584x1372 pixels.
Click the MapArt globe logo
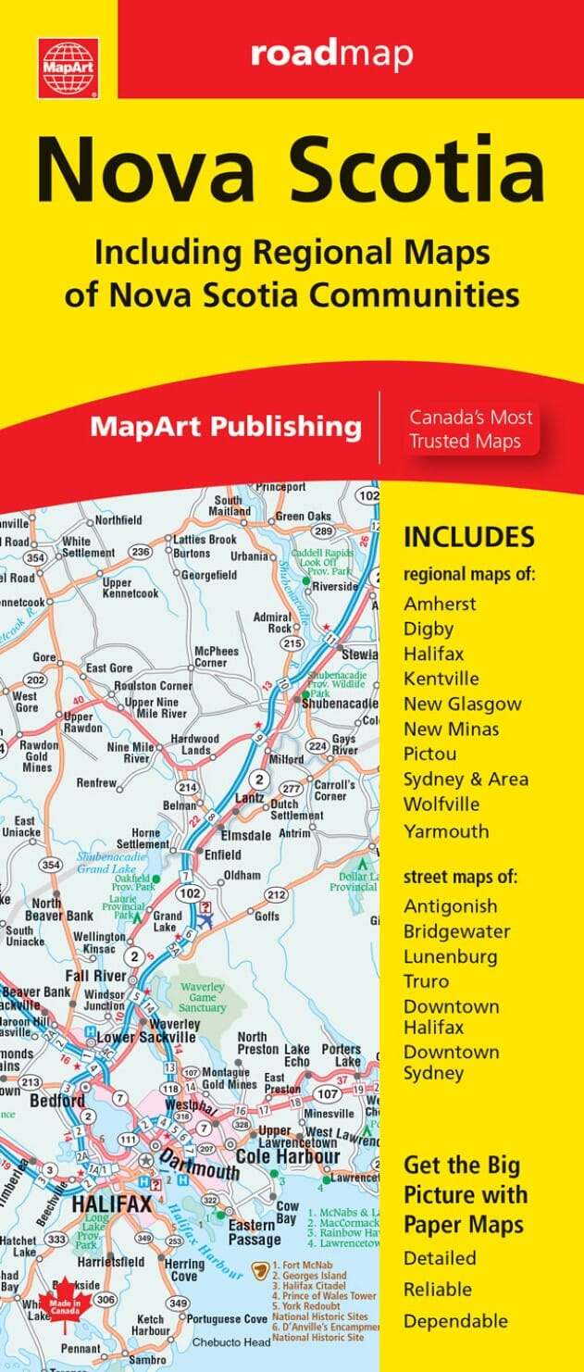68,67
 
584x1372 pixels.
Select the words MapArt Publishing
225,427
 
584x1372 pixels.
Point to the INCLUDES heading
468,537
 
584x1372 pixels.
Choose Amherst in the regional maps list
440,604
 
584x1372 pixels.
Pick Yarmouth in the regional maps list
446,830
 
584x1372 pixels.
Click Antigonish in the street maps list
450,905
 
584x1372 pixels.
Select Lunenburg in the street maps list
450,956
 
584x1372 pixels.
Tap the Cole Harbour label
287,1156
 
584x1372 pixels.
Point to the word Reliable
438,1289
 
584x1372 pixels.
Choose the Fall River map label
96,977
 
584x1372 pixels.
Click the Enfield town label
222,854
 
